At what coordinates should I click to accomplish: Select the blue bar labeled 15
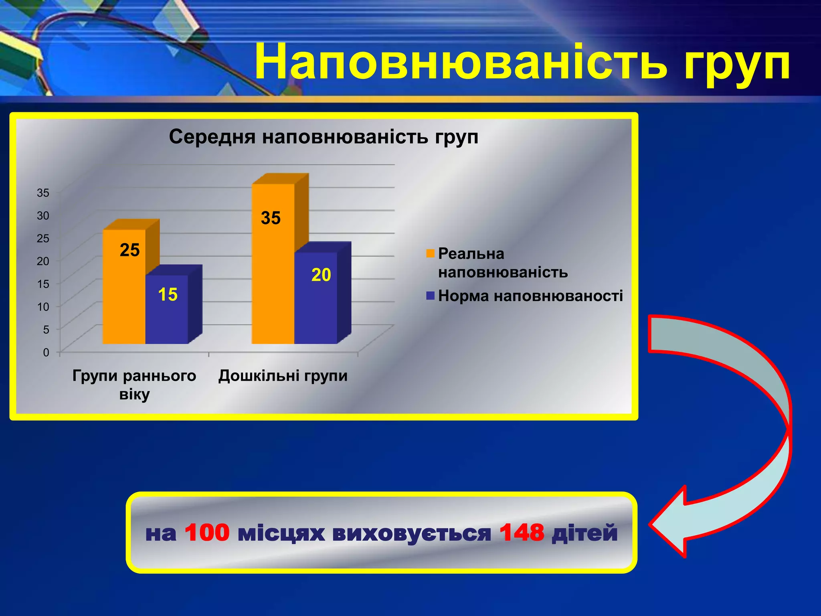point(166,309)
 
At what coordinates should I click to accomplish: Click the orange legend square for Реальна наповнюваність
point(431,254)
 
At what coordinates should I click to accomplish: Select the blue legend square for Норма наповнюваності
point(431,296)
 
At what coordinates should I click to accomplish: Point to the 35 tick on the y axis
point(43,193)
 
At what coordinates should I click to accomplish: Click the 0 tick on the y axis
point(46,353)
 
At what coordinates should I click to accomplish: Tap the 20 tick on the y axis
point(43,261)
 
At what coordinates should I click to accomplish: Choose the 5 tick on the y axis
point(46,330)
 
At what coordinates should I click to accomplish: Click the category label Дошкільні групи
point(283,376)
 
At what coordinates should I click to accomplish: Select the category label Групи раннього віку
point(134,385)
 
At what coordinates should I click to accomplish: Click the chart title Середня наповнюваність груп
point(324,137)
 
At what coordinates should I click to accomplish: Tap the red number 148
point(522,533)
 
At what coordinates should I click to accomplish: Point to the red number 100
point(207,533)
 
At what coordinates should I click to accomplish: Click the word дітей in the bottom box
point(585,533)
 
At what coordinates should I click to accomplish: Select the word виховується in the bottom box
point(412,533)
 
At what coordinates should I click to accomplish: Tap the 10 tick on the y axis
point(43,307)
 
